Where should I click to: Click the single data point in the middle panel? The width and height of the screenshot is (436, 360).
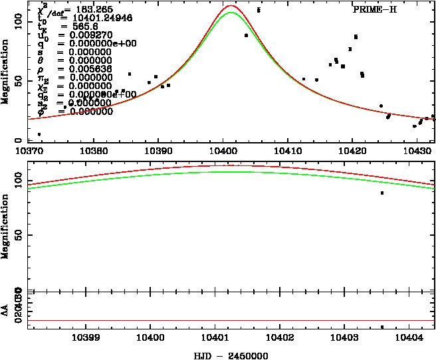click(382, 193)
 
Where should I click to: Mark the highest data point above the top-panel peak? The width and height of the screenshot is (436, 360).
click(259, 10)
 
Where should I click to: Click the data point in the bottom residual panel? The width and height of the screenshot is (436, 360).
click(382, 327)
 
